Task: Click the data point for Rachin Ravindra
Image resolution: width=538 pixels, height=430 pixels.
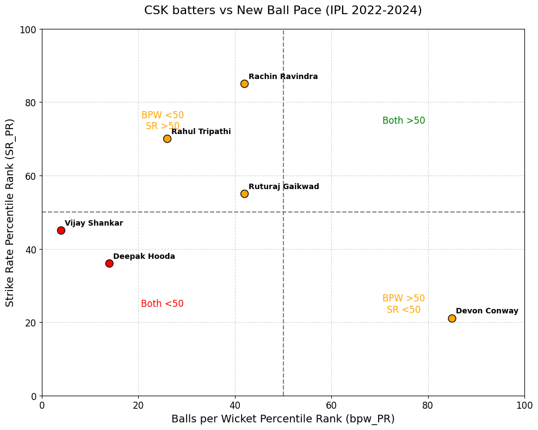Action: (x=244, y=84)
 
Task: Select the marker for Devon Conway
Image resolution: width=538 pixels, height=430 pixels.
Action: (x=452, y=318)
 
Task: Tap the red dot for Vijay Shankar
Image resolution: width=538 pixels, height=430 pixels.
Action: (x=61, y=231)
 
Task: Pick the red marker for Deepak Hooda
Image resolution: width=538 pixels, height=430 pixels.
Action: (x=109, y=263)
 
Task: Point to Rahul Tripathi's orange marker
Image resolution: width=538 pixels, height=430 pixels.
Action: (x=167, y=139)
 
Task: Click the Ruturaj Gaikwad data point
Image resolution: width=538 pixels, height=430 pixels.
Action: (x=244, y=193)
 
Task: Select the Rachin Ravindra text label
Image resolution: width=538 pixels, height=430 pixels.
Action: (x=283, y=77)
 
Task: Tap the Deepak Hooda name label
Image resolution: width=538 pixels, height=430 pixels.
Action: (x=144, y=257)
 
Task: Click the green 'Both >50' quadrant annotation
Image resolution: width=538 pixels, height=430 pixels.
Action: (x=404, y=121)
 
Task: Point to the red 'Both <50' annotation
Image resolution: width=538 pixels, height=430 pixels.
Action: (x=162, y=304)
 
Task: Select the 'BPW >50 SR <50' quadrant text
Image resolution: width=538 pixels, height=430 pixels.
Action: (x=404, y=304)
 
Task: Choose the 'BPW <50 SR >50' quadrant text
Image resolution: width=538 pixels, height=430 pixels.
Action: (x=163, y=121)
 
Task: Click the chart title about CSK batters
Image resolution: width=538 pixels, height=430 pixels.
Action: (x=283, y=10)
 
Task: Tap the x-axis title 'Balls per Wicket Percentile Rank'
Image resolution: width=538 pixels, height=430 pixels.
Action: (x=283, y=419)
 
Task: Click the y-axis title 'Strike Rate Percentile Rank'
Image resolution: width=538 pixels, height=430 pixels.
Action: (x=10, y=213)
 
